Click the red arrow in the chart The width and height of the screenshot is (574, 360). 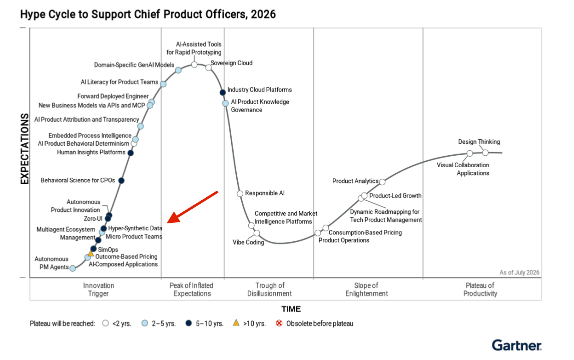tap(193, 207)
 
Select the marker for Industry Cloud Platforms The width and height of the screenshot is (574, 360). tap(223, 92)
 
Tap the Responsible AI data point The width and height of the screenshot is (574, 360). tap(240, 193)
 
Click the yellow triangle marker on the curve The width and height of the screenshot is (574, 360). tap(91, 253)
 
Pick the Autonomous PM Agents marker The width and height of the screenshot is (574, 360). tap(73, 268)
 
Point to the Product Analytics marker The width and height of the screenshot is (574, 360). tap(382, 182)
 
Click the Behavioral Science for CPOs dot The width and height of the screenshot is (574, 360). tap(121, 181)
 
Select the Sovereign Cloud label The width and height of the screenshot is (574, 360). tap(231, 63)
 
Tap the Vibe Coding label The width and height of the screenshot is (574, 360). tap(248, 242)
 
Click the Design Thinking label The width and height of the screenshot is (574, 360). tap(479, 142)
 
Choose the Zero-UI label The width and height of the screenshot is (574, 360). tap(93, 219)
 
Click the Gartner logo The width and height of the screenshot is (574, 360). tap(516, 345)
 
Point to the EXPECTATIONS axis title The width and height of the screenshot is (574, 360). tap(25, 149)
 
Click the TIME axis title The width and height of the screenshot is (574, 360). tap(291, 309)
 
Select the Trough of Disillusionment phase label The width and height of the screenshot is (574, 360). tap(269, 289)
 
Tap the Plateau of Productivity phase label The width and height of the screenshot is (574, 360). tap(480, 289)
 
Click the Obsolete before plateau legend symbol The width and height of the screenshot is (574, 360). tap(279, 323)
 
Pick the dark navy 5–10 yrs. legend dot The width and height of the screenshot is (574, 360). tap(189, 323)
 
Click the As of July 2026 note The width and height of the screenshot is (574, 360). tap(519, 272)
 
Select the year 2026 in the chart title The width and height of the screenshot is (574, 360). tap(263, 15)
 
